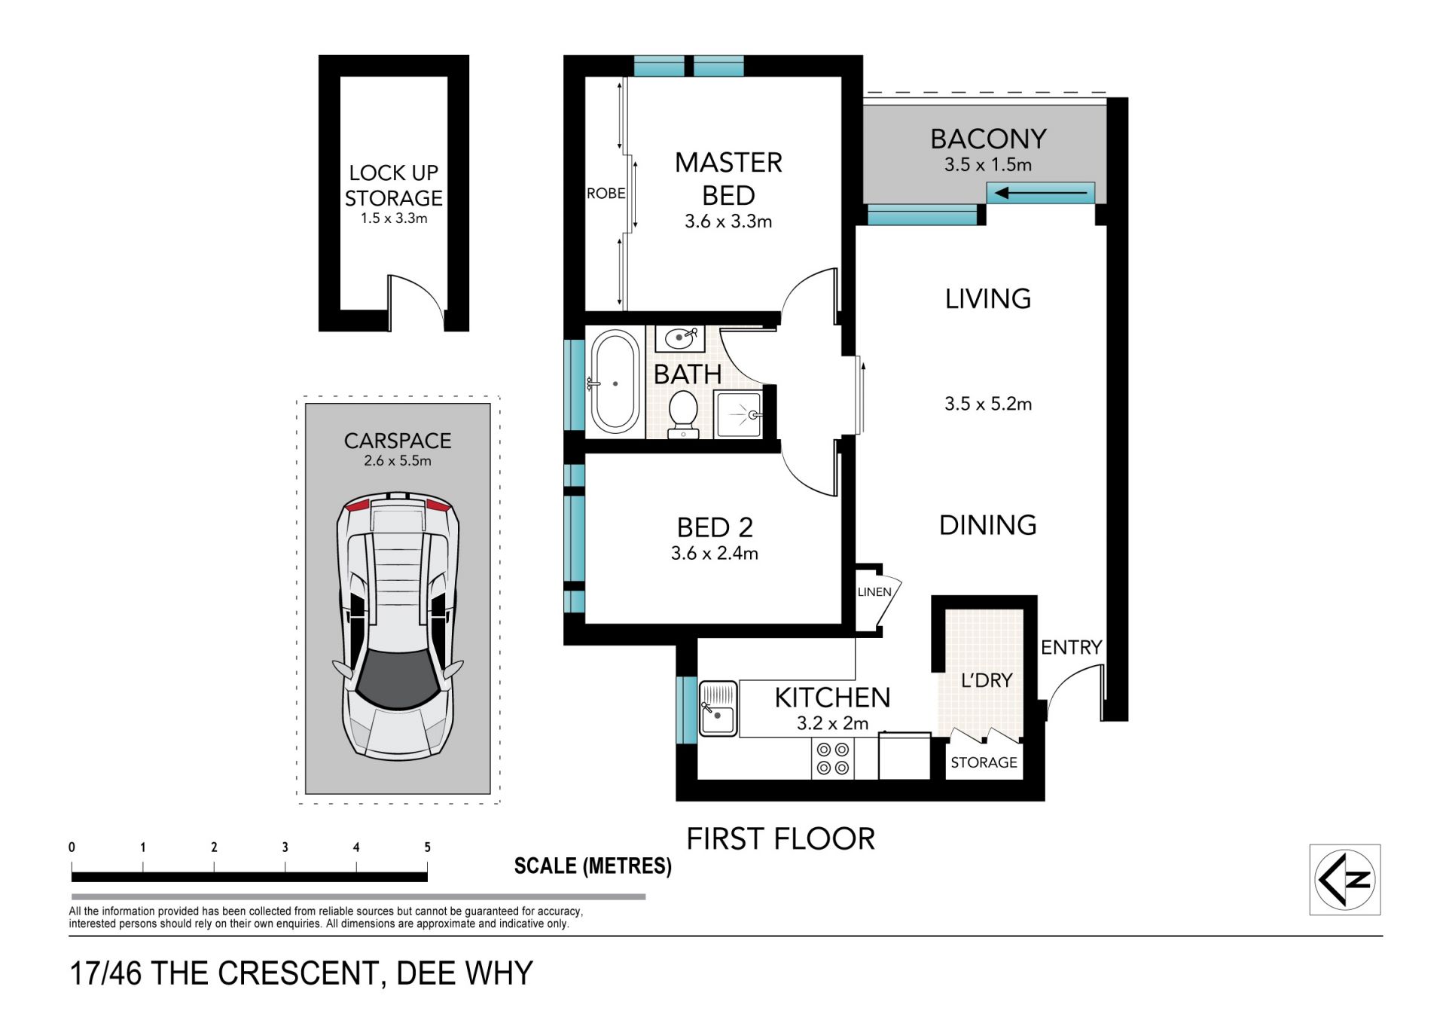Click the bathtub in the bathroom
point(615,383)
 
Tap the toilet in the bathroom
point(684,414)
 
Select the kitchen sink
point(718,708)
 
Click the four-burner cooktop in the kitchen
point(832,759)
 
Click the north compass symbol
point(1345,879)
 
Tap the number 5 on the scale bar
point(427,847)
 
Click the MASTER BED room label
point(728,179)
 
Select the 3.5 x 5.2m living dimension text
point(988,404)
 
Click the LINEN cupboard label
point(874,592)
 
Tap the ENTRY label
point(1071,647)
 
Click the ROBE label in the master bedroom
point(606,194)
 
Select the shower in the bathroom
point(738,414)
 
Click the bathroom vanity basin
point(680,338)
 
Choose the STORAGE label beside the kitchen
point(984,762)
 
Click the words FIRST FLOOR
point(780,839)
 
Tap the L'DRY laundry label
point(987,680)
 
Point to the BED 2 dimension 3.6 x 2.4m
point(714,554)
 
